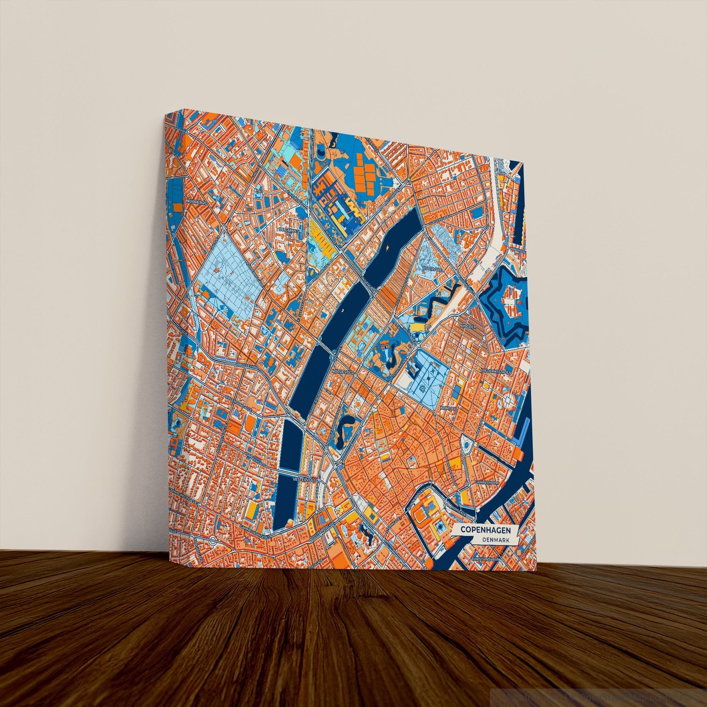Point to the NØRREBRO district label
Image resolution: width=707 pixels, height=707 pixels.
click(x=197, y=202)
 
